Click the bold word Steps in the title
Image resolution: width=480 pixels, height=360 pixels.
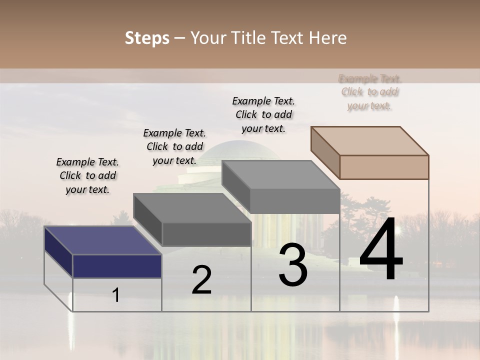click(147, 38)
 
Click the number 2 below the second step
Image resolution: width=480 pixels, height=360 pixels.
click(201, 280)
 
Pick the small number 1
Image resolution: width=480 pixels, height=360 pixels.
click(116, 295)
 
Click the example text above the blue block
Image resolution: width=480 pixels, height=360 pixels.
click(87, 175)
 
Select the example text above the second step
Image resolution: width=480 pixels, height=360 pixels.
click(174, 146)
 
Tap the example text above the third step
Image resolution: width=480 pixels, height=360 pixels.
click(263, 114)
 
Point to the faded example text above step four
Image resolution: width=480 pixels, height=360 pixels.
click(369, 92)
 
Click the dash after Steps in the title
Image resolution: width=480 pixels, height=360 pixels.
click(179, 38)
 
